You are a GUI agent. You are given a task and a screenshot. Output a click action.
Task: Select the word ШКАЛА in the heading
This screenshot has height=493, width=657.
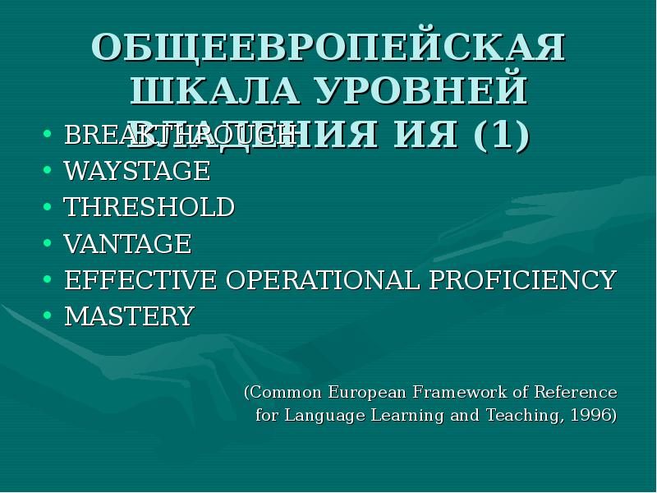208,90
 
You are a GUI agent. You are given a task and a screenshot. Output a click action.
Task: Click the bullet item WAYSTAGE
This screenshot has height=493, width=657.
137,171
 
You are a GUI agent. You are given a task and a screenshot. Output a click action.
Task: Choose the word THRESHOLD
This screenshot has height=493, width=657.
149,207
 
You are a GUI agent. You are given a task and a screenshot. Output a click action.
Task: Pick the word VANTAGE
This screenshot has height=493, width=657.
127,244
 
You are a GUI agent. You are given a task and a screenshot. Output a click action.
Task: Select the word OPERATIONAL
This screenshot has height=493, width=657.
324,279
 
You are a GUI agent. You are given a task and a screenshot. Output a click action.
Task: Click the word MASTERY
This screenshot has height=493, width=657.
129,316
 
